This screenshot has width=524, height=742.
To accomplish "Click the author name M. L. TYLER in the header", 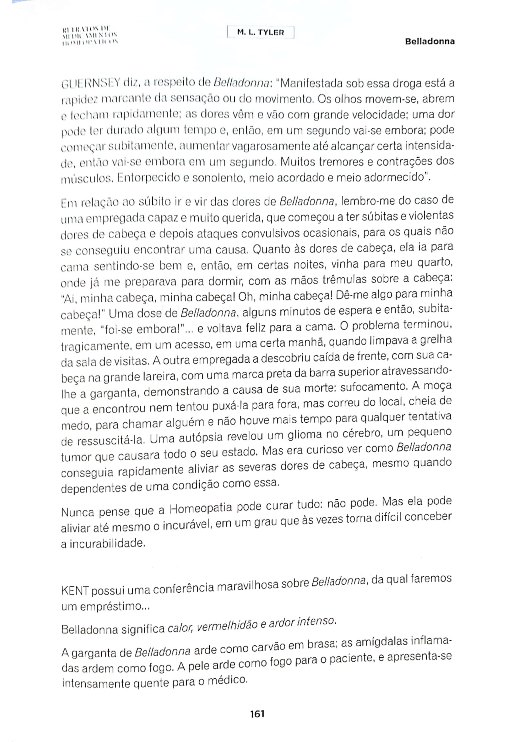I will [260, 32].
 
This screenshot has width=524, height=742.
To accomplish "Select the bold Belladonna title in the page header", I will [430, 41].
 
